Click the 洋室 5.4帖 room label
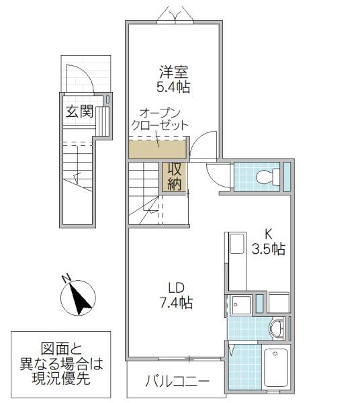tap(175, 79)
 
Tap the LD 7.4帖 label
tap(176, 295)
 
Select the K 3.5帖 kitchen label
tap(268, 242)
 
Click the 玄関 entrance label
tap(79, 111)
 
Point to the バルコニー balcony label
tap(177, 382)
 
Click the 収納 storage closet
tap(175, 177)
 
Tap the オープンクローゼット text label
tap(160, 120)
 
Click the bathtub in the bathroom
tap(276, 367)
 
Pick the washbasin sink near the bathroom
tap(277, 328)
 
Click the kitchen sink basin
tap(236, 243)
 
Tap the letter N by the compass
tap(66, 278)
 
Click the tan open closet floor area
tap(157, 150)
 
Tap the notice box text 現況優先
tap(61, 378)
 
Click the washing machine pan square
tap(240, 305)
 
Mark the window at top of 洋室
tap(175, 23)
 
